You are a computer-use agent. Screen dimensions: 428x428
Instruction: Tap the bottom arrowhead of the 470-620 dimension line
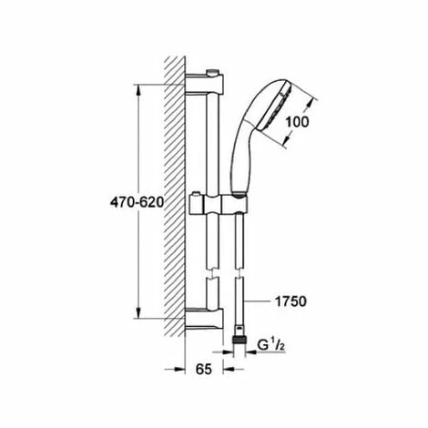click(x=138, y=319)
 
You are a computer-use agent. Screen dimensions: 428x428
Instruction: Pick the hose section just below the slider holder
click(x=239, y=237)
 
